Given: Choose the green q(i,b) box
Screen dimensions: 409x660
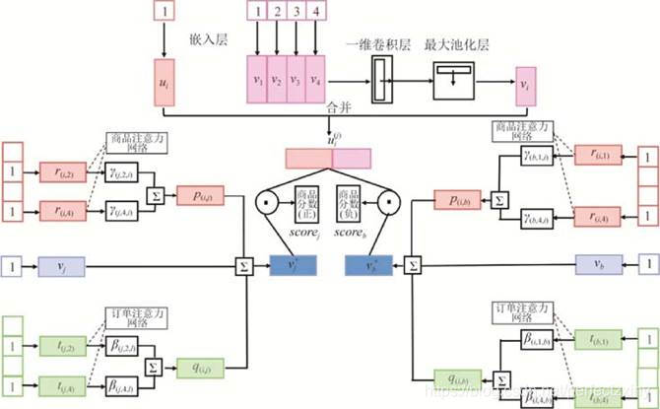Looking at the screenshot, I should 458,375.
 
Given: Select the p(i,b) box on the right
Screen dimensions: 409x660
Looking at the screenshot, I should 459,201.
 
